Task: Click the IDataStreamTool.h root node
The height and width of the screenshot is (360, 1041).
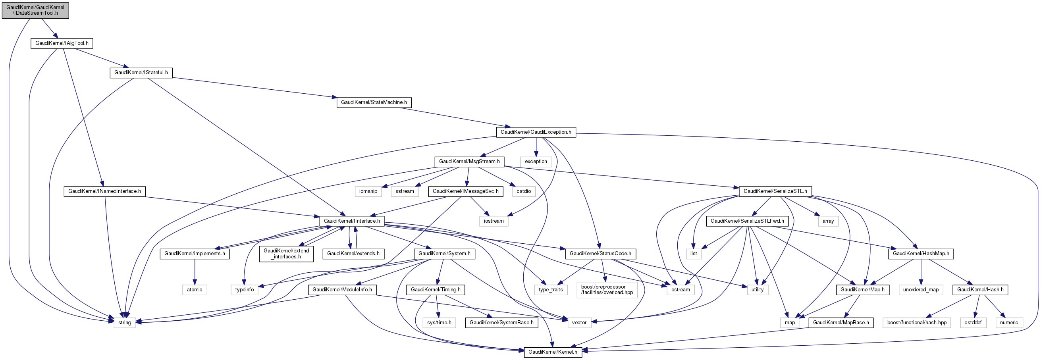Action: (35, 10)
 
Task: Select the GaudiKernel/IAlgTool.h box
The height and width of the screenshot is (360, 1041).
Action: (62, 43)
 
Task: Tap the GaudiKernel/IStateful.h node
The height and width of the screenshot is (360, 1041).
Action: (141, 73)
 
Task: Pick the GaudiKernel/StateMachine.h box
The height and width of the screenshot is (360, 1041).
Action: (374, 103)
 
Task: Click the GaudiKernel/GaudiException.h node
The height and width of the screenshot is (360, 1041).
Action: (536, 132)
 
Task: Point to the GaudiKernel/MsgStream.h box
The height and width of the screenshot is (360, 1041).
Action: (469, 162)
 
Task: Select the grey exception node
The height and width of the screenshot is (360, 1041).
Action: (536, 162)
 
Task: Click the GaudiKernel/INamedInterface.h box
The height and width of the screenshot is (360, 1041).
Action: (105, 191)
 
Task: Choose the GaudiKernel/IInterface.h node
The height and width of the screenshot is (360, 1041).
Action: (352, 221)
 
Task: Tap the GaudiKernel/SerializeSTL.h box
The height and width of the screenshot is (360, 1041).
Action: (775, 191)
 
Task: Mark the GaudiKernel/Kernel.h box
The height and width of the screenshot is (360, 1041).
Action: (553, 352)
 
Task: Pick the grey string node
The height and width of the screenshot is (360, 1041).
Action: (125, 323)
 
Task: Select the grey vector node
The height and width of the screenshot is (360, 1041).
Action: (579, 323)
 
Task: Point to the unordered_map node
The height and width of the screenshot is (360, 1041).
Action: (921, 290)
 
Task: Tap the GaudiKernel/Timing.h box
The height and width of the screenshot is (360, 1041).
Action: (436, 290)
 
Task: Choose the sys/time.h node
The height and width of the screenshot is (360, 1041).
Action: (439, 323)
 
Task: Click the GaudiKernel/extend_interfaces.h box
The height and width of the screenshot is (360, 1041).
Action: (286, 254)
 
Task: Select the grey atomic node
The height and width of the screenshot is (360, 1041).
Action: (195, 290)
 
